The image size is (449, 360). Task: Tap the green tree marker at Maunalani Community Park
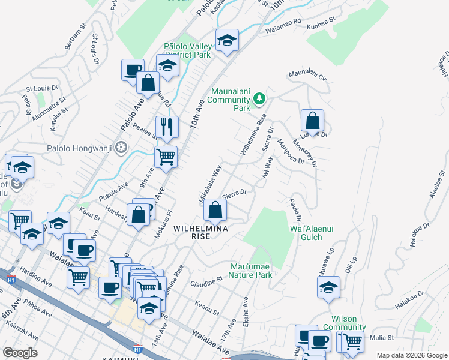point(259,98)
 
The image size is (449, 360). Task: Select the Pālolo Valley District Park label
point(187,50)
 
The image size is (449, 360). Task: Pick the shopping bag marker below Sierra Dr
point(215,211)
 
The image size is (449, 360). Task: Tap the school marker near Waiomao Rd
point(227,40)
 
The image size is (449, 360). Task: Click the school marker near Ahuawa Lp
point(328,287)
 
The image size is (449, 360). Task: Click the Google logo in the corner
point(20,353)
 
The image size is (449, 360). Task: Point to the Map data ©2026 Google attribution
point(412,355)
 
